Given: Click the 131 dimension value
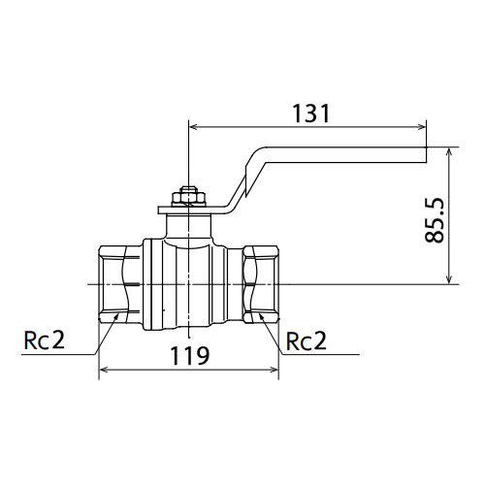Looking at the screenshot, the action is tap(310, 113).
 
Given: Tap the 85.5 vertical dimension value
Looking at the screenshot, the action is tap(435, 220).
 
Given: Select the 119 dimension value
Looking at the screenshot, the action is tap(190, 355).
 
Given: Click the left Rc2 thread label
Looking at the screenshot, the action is tap(45, 340).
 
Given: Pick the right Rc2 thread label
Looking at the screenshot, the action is tap(307, 341).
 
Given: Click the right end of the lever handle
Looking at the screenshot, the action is tap(426, 154).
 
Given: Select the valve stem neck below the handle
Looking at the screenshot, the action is tap(189, 226).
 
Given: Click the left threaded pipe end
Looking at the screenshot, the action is tap(119, 284).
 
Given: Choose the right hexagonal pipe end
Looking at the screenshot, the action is tap(260, 284).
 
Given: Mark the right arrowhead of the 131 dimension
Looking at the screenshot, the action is tap(422, 127).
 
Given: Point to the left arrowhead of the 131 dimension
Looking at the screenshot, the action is tap(193, 127).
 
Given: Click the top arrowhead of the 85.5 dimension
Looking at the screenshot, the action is tap(448, 152).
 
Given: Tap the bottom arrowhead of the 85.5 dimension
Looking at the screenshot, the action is tap(448, 280).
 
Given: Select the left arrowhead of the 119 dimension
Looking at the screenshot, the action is tap(103, 370).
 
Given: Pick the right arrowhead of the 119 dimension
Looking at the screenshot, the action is tap(275, 370).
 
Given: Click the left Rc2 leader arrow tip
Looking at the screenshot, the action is tap(117, 313).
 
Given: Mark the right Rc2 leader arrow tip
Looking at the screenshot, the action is tap(260, 313).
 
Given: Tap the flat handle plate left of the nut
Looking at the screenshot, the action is tap(165, 210).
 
